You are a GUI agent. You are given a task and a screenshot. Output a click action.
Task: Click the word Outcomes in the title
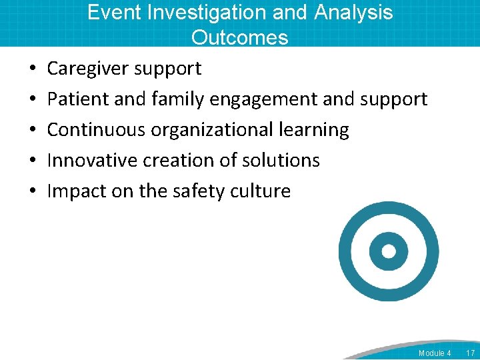coord(240,37)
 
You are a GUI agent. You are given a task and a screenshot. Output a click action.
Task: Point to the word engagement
coord(264,99)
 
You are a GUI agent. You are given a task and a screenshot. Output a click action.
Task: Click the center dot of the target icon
coord(389,251)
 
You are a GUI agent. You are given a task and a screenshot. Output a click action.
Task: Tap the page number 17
coord(470,353)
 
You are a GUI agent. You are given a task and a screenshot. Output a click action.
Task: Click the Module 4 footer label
coord(435,353)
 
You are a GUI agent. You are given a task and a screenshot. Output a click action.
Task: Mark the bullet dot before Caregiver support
coord(33,69)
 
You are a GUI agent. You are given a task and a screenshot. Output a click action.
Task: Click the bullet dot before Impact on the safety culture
coord(33,191)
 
